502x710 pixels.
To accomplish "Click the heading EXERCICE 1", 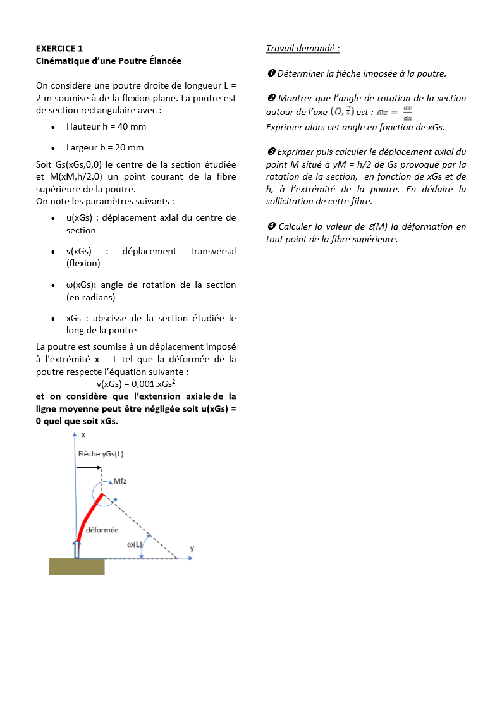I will point(59,48).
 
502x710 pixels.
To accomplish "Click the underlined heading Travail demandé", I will point(303,48).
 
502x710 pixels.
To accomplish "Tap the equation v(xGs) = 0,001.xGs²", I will point(136,383).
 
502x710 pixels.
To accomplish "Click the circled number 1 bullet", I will point(271,73).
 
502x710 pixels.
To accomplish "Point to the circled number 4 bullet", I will point(271,226).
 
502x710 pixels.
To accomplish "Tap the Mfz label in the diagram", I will point(120,481).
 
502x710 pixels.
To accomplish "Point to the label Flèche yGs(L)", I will point(101,454).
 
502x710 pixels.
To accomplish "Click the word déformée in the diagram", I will point(102,530).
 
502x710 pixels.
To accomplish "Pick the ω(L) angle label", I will point(135,544).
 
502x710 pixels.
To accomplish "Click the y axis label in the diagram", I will point(192,549).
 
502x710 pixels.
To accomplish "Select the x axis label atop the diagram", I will point(83,435).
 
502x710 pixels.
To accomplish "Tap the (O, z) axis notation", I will point(342,112).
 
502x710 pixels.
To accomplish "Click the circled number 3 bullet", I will point(271,152).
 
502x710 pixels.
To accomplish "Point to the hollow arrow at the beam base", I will point(77,548).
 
